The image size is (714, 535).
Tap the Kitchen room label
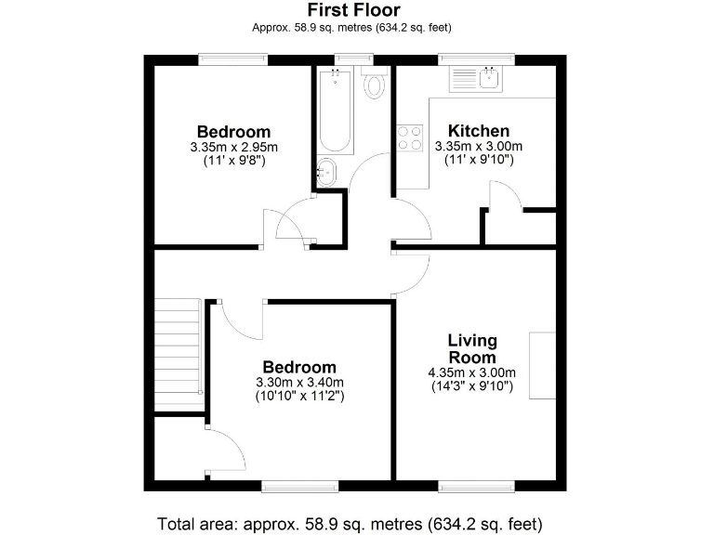click(x=479, y=131)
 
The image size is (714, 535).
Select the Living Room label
click(x=472, y=349)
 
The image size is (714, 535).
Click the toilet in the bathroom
click(x=375, y=85)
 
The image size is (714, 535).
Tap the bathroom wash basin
click(x=328, y=170)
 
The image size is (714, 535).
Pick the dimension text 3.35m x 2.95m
click(x=233, y=147)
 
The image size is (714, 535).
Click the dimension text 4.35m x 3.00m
click(x=472, y=373)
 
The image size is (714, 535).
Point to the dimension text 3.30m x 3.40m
click(x=299, y=382)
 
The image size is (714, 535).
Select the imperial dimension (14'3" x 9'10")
click(x=472, y=387)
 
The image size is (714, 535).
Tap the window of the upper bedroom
click(x=233, y=59)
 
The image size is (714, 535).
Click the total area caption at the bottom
click(x=350, y=522)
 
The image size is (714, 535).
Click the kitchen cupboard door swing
click(x=504, y=194)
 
